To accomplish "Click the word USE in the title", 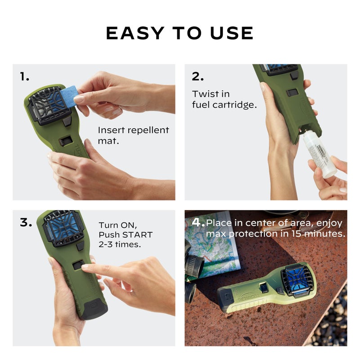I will pos(232,33).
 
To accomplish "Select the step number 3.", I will pos(26,222).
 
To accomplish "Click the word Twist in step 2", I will pos(203,94).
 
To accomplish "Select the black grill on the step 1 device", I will pos(47,106).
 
